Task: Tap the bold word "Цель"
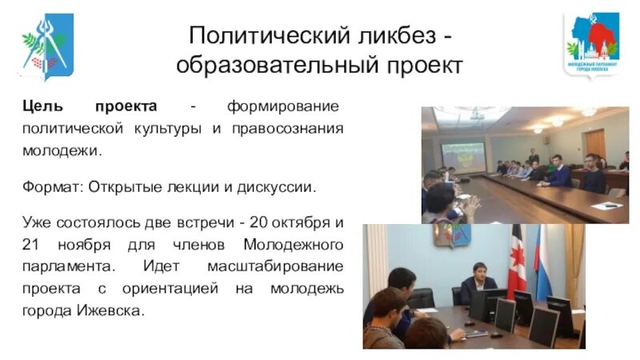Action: click(x=40, y=107)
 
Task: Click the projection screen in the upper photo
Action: click(x=464, y=156)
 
